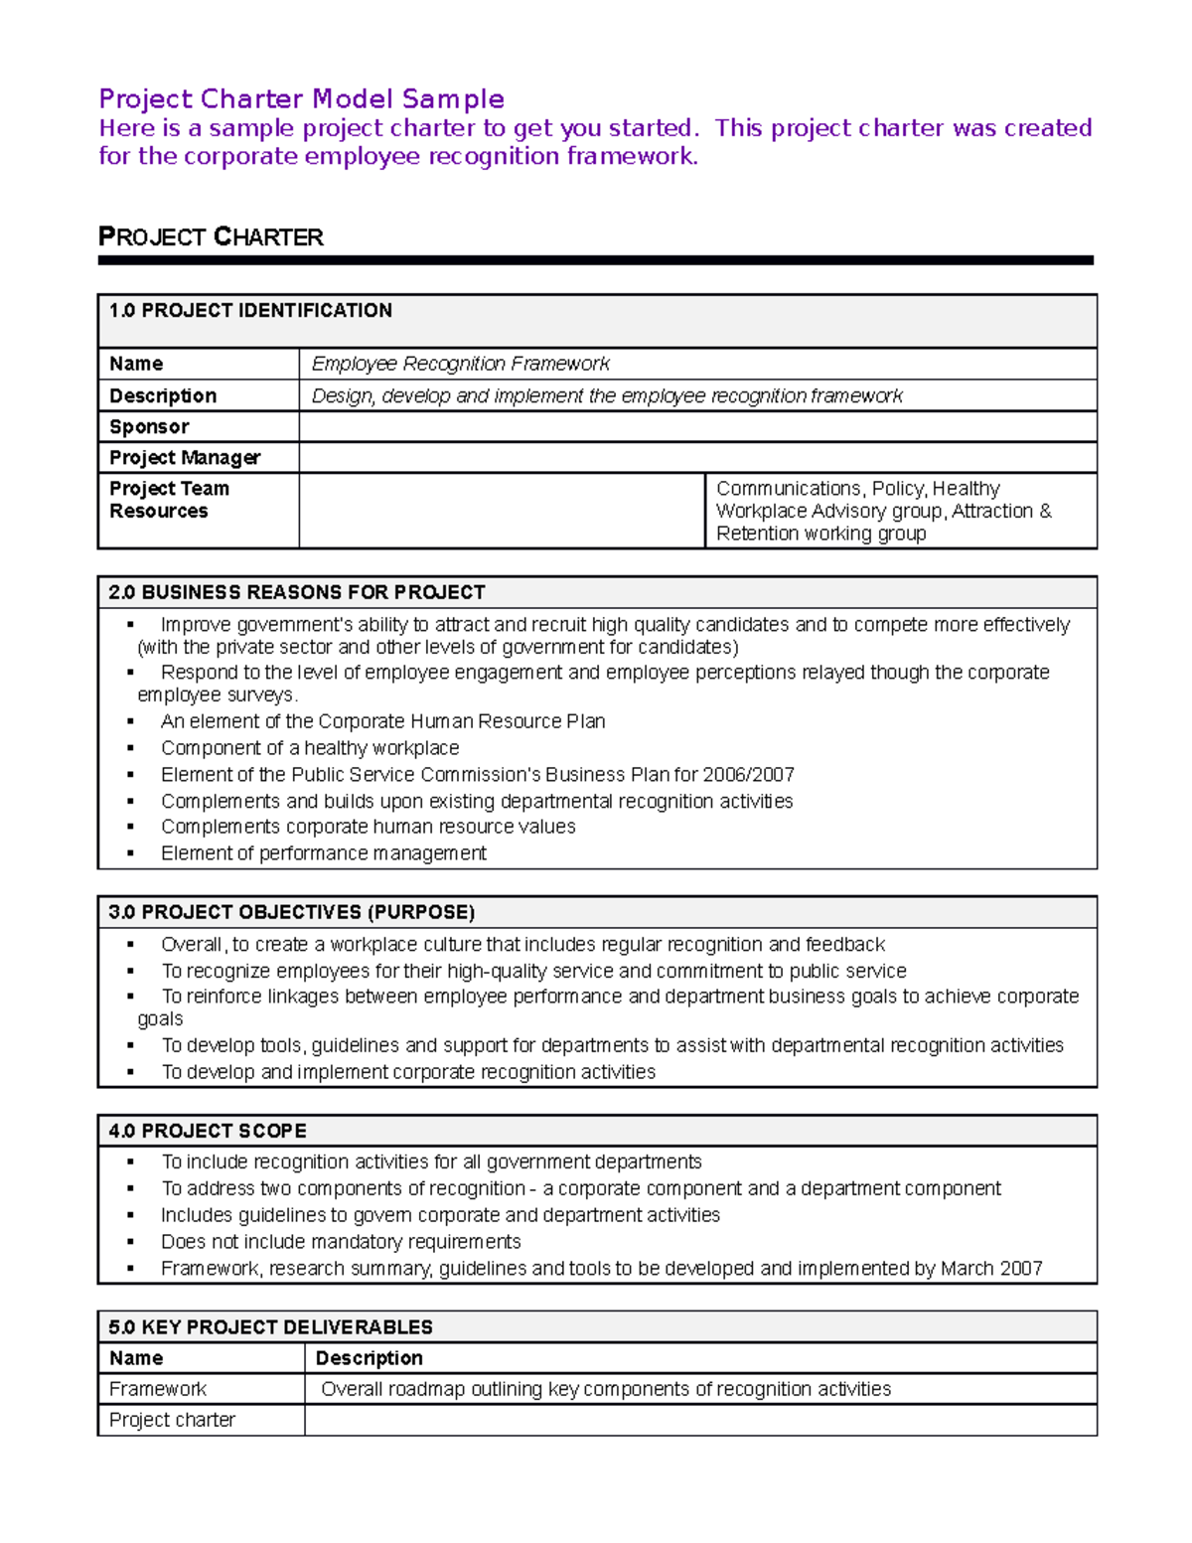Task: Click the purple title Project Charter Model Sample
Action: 301,99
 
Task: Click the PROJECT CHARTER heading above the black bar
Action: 211,237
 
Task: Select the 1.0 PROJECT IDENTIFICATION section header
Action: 250,311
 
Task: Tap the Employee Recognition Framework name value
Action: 460,365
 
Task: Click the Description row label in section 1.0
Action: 163,396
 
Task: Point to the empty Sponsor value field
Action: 696,427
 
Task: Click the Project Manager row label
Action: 185,458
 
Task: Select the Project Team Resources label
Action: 169,500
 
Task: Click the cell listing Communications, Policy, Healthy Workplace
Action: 883,511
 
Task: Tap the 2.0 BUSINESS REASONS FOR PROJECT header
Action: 297,593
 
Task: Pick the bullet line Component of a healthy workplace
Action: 310,748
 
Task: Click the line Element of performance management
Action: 324,853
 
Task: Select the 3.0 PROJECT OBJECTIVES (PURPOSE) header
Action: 292,913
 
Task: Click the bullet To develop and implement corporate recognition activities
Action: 408,1073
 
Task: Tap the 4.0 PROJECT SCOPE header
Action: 208,1132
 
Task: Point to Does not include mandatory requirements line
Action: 341,1242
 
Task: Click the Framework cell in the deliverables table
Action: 158,1389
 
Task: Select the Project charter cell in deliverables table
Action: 172,1421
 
